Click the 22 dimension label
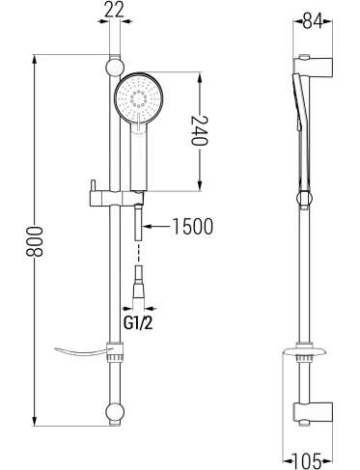coord(115,11)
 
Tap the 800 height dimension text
coord(35,241)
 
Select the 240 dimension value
coord(200,130)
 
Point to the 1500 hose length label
coord(193,227)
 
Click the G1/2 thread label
coord(138,323)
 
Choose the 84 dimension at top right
coord(313,21)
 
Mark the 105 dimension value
coord(307,460)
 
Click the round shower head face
coord(139,97)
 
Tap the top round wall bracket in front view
coord(115,68)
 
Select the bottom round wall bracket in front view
coord(115,412)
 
